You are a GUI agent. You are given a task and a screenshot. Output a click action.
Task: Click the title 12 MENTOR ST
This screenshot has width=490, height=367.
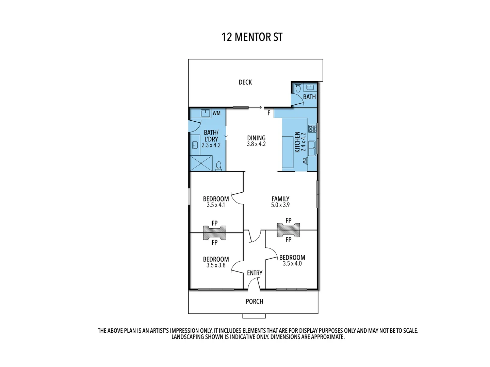tap(252, 37)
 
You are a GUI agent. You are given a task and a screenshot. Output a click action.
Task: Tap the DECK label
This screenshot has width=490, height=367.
tap(245, 82)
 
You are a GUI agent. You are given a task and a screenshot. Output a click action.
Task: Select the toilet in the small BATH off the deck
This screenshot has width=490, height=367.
tap(298, 88)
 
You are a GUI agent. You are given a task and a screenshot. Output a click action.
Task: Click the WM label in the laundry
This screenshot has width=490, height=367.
tap(216, 113)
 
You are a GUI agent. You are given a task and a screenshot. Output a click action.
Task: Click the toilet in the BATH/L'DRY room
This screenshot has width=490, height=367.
tap(219, 166)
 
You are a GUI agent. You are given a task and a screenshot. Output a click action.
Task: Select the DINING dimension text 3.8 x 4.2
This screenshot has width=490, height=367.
tap(256, 144)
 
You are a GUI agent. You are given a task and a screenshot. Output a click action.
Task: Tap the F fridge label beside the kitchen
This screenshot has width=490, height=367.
tap(269, 113)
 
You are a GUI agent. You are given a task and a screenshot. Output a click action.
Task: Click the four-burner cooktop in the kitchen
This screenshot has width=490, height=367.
tap(312, 128)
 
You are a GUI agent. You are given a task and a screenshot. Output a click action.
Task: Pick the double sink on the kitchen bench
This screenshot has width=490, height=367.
tap(312, 147)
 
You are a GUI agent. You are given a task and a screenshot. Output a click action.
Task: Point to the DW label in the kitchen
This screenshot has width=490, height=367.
tap(305, 164)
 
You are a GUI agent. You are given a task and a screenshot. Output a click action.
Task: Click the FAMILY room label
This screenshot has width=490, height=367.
tap(280, 199)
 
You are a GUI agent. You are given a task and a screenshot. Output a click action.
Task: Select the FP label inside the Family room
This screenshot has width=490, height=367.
tap(289, 221)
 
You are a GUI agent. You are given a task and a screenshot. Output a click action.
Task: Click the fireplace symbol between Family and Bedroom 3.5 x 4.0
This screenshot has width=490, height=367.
tap(289, 230)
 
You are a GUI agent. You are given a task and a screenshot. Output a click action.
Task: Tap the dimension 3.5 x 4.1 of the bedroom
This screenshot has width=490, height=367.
tap(216, 205)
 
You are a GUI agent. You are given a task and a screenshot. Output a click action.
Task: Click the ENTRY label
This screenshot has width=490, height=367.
tap(255, 273)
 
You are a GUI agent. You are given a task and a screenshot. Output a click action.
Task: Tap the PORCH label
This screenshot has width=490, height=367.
tap(255, 301)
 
